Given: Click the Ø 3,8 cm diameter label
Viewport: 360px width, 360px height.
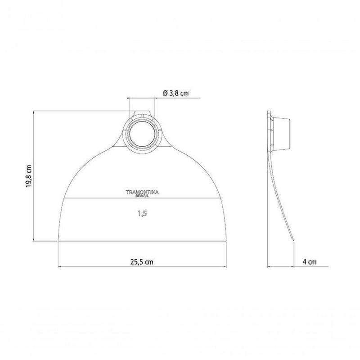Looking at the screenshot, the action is (x=175, y=93).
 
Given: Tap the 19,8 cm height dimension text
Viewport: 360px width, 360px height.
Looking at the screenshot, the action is (x=28, y=176).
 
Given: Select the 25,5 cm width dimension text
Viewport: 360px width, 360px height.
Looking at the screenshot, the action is (x=142, y=262).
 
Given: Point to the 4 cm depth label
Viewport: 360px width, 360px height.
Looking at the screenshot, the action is (x=310, y=262).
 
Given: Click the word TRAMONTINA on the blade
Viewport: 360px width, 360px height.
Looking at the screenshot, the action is (x=142, y=193).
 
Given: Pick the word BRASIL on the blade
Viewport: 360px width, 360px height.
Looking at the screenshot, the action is (x=142, y=196).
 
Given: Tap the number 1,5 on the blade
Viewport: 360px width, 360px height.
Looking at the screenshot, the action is (x=142, y=214).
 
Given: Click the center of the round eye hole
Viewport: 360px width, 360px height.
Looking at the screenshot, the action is (x=142, y=134).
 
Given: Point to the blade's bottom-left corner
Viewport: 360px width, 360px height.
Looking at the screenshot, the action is (x=58, y=241).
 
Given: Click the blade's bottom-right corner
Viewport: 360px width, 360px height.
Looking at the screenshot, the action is (x=227, y=241).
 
